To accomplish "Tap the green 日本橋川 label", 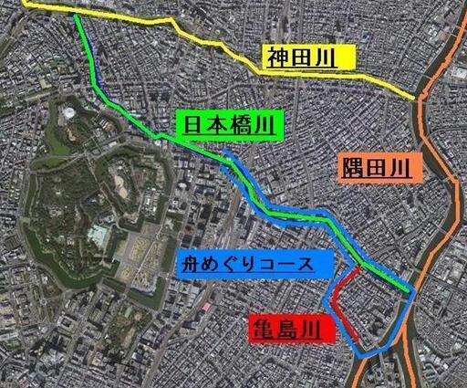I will pyautogui.click(x=230, y=127).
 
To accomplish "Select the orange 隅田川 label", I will pyautogui.click(x=375, y=167).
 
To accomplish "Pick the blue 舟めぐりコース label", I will pyautogui.click(x=253, y=265).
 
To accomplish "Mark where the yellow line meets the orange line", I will pyautogui.click(x=418, y=95).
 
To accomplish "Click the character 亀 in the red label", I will pyautogui.click(x=260, y=327).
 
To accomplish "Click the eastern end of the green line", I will pyautogui.click(x=405, y=289).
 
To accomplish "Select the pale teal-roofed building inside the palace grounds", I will pyautogui.click(x=98, y=236).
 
